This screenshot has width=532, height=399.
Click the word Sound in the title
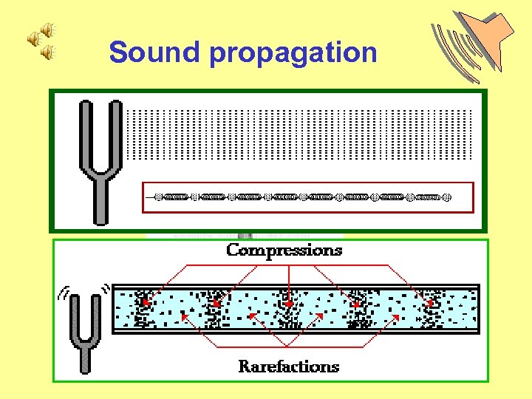point(154,52)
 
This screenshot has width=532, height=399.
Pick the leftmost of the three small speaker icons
point(34,40)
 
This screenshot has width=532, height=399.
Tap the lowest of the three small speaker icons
point(47,52)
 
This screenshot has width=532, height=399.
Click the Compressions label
point(284,250)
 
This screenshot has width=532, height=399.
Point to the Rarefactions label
point(289,366)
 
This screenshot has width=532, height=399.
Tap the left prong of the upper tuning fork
point(83,137)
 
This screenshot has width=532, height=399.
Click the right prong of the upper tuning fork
point(116,137)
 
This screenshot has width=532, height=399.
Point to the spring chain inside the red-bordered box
point(303,197)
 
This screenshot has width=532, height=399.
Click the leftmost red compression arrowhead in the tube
point(146,304)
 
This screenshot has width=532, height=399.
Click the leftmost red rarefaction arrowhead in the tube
point(183,316)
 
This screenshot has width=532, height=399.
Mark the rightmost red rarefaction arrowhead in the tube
point(398,316)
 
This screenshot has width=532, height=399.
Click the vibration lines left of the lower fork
point(63,294)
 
